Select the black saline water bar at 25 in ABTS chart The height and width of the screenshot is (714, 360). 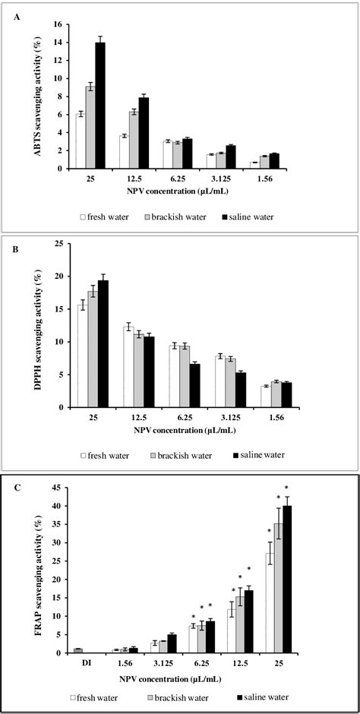pyautogui.click(x=99, y=106)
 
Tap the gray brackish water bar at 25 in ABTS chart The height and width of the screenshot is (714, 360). pyautogui.click(x=90, y=128)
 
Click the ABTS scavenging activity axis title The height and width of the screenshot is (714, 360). pyautogui.click(x=35, y=95)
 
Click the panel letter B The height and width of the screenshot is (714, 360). pyautogui.click(x=16, y=247)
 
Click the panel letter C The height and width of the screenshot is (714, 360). pyautogui.click(x=17, y=488)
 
